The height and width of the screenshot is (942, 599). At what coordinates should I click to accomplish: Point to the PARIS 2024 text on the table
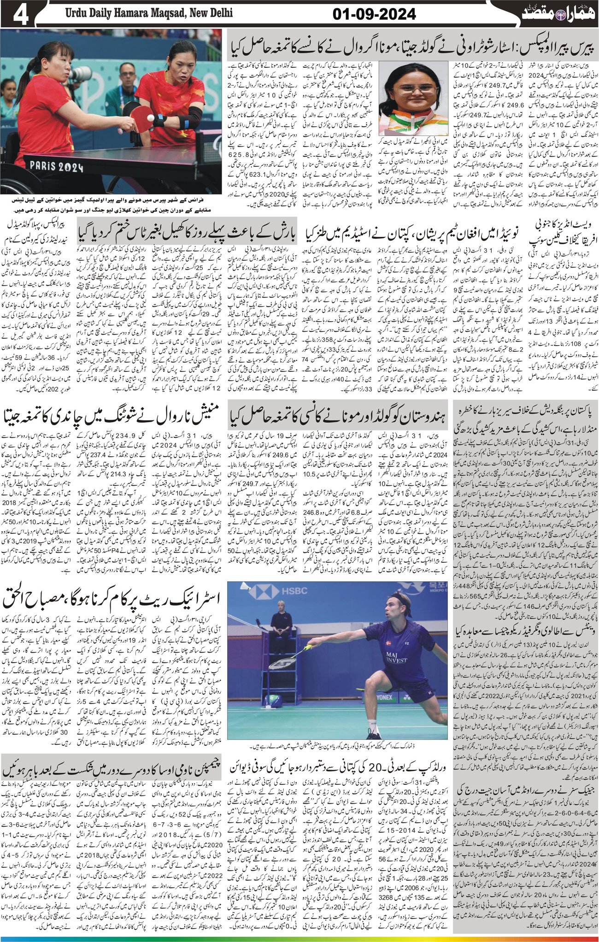(x=56, y=165)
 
